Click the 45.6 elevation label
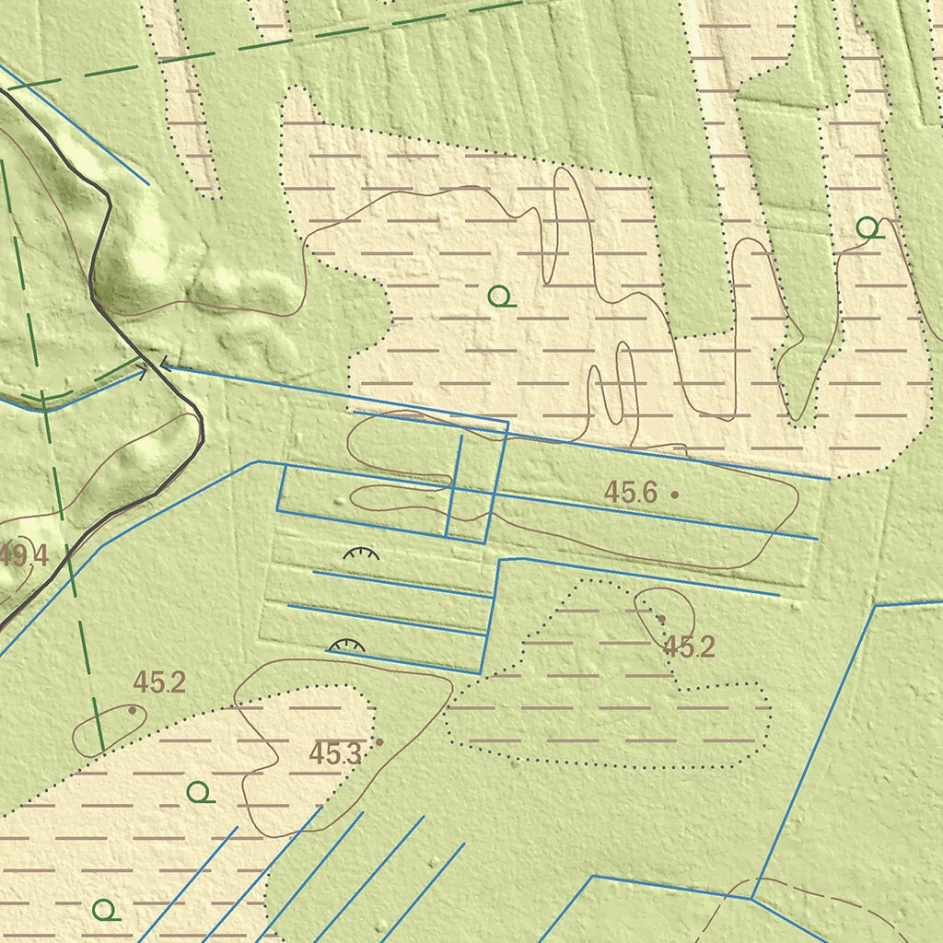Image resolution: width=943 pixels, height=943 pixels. point(630,493)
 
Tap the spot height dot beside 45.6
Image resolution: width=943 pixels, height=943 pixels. point(674,495)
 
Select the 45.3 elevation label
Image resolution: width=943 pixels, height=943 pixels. point(334,754)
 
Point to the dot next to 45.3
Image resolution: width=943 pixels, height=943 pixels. point(378,741)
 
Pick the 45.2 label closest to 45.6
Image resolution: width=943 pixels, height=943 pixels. point(689,647)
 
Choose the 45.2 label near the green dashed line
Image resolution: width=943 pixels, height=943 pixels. point(159,682)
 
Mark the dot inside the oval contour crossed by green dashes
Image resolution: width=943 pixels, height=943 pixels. point(133,710)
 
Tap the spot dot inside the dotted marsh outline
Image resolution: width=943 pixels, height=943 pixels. point(660,618)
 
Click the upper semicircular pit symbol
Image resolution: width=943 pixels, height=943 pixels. point(361,554)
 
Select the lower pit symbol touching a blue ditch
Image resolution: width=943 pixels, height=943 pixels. point(347,646)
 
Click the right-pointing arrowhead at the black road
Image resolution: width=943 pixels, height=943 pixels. point(143,373)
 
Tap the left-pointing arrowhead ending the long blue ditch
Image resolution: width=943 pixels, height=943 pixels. point(165,366)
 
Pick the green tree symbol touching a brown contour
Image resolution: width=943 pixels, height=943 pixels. point(867,227)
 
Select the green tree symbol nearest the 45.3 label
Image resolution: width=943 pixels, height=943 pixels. point(200,791)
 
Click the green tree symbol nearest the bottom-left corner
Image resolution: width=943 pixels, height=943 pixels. point(106,910)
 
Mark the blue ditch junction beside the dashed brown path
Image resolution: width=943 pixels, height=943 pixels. point(752,898)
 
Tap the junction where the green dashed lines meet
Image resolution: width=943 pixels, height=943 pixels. point(43,401)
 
